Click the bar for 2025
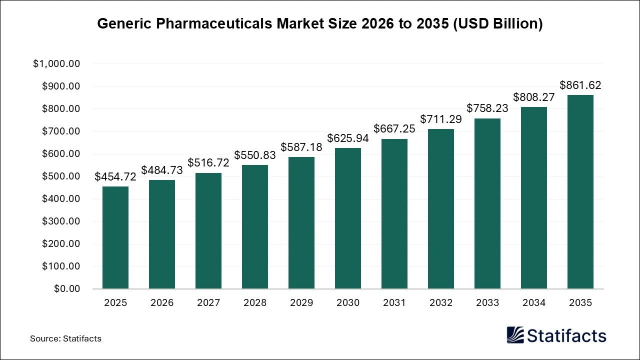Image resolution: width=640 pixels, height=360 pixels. [115, 237]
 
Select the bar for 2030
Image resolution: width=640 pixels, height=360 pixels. [348, 218]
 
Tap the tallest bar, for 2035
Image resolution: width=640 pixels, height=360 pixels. [580, 192]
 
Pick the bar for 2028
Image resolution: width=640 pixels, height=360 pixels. [255, 227]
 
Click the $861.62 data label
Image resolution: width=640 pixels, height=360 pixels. [580, 85]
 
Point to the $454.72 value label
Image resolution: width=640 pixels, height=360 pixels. [115, 177]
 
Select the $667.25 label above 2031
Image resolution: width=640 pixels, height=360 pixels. [394, 129]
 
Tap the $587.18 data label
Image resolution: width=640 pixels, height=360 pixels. [301, 147]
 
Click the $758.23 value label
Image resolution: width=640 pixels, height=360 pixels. [487, 108]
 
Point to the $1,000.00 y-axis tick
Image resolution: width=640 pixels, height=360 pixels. [56, 64]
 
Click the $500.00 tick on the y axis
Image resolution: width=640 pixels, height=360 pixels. [60, 176]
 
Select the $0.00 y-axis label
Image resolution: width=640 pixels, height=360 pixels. [66, 289]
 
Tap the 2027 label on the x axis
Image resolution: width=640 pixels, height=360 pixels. [208, 303]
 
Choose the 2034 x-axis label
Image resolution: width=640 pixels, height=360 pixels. [534, 303]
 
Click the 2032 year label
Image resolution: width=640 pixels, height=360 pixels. [441, 303]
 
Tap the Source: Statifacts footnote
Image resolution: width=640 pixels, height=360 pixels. [65, 338]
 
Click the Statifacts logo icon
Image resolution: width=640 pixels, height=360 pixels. [515, 335]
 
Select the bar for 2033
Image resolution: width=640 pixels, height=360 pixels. [487, 203]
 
